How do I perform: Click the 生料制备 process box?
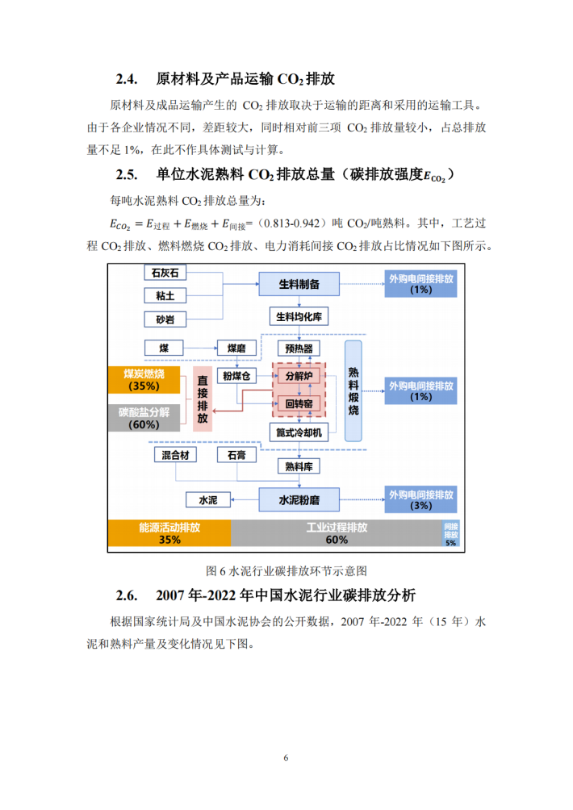pyautogui.click(x=299, y=284)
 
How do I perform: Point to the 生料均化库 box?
pyautogui.click(x=299, y=317)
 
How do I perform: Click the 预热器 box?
pyautogui.click(x=299, y=349)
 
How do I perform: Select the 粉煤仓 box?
pyautogui.click(x=236, y=377)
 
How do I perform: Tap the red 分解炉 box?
pyautogui.click(x=299, y=377)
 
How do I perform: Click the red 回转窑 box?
pyautogui.click(x=299, y=403)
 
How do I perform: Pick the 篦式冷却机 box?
pyautogui.click(x=299, y=432)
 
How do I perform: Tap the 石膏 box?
pyautogui.click(x=236, y=456)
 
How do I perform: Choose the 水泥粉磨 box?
pyautogui.click(x=299, y=500)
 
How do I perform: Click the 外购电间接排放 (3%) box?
pyautogui.click(x=420, y=500)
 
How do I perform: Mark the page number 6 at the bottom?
pyautogui.click(x=286, y=758)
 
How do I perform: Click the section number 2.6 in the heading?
pyautogui.click(x=128, y=596)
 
